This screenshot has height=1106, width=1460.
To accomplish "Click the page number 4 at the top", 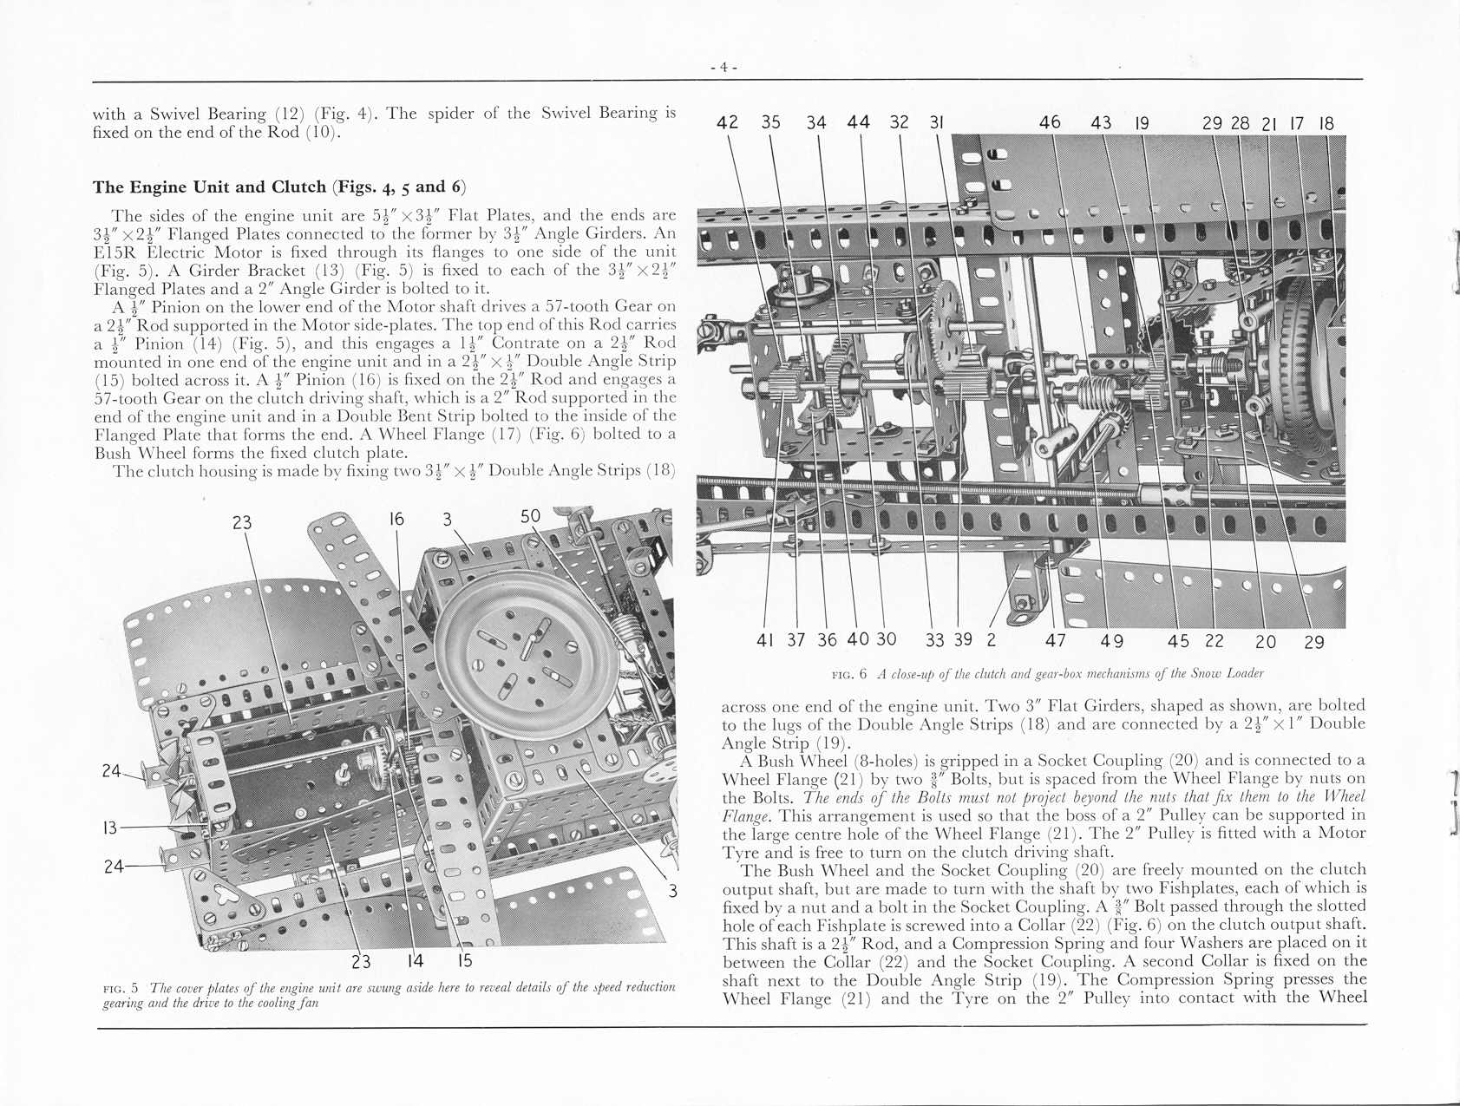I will click(723, 67).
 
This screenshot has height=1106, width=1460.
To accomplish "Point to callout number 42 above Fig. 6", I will click(728, 122).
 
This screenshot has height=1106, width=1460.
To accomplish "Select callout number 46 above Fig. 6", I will click(1050, 122).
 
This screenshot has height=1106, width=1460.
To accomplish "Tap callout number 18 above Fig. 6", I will click(1326, 123).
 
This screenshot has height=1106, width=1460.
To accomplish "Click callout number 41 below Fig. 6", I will click(764, 640).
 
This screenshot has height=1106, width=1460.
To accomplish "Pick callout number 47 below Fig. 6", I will click(1055, 640).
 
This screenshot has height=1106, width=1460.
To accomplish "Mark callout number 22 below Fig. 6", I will click(1214, 640).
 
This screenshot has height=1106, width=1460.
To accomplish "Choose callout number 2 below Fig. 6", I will click(991, 640).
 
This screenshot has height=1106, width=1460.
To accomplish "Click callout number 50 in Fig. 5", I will click(530, 517).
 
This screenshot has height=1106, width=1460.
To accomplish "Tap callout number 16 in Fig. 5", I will click(396, 519).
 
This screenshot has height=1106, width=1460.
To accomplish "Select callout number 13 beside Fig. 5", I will click(109, 828).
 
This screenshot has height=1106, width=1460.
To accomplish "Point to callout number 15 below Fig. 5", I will click(464, 961).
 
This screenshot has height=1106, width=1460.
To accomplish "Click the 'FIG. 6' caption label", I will click(849, 674).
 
